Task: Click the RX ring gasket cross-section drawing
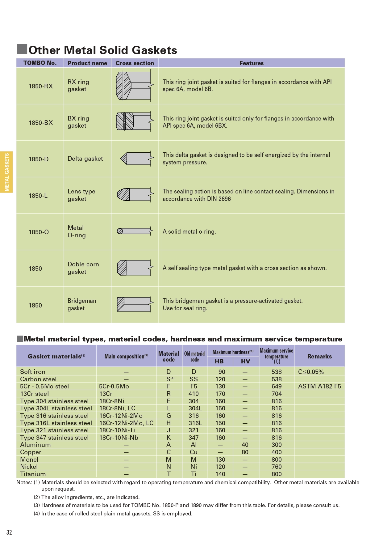pos(135,86)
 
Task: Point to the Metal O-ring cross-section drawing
pos(135,231)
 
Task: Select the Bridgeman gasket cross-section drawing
pos(135,304)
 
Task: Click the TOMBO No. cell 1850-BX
pos(41,123)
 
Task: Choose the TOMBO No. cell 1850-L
pos(38,196)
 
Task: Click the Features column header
pos(252,63)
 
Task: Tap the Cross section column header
pos(135,63)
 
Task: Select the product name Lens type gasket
pos(81,195)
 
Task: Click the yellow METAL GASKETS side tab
pos(6,172)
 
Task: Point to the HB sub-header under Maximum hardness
pos(219,361)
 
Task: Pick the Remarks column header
pos(319,356)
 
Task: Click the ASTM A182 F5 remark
pos(319,386)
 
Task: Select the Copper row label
pos(31,452)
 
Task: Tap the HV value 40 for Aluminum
pos(245,445)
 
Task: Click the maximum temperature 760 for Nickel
pos(277,467)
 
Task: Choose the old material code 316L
pos(195,423)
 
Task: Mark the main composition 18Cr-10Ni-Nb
pos(119,438)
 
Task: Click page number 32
pos(9,532)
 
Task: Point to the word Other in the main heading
pos(44,50)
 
